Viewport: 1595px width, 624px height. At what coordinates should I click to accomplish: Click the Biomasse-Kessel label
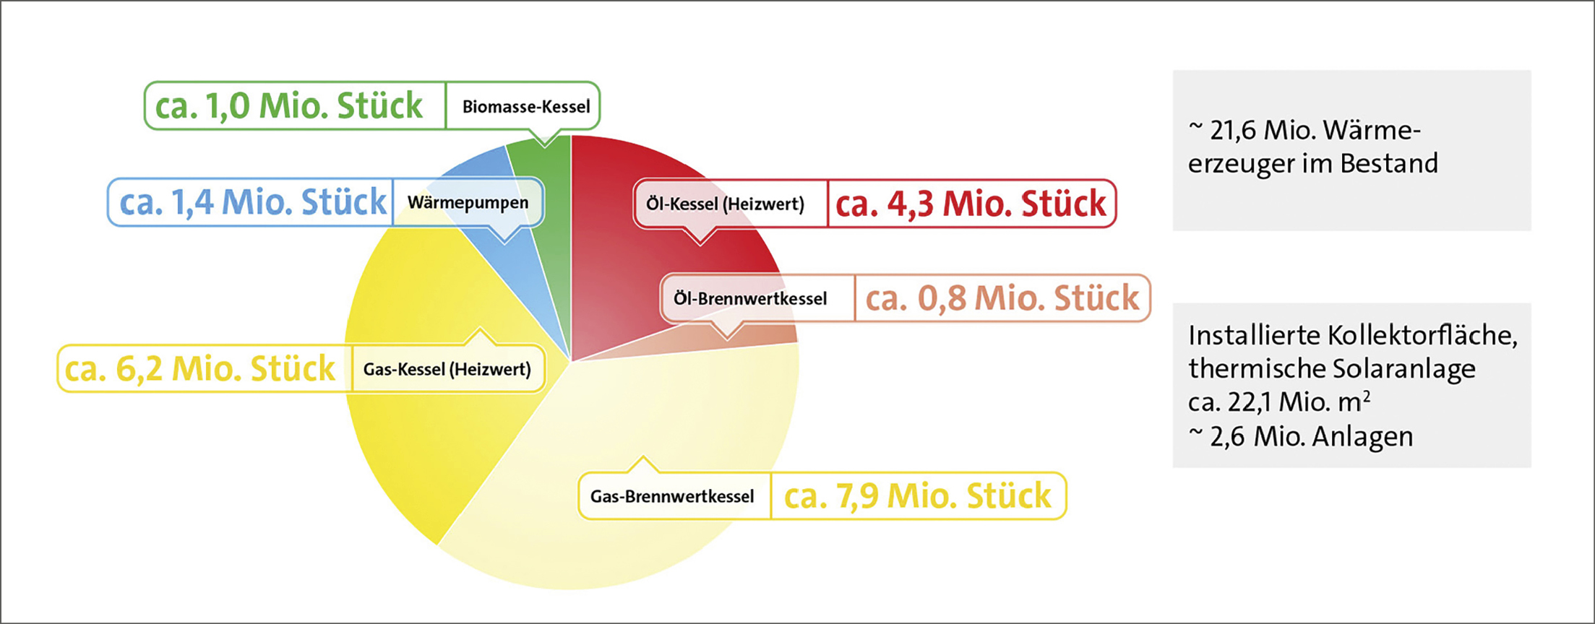point(526,107)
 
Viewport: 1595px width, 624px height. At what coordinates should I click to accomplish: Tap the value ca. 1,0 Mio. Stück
point(288,105)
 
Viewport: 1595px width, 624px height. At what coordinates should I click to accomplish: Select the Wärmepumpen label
point(468,202)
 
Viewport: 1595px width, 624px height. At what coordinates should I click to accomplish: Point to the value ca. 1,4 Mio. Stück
point(252,201)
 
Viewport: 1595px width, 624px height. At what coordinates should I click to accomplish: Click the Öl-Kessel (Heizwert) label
point(725,204)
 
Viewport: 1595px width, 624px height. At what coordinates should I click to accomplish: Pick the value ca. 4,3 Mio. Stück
point(971,204)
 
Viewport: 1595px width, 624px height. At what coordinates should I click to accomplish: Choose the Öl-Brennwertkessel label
point(750,298)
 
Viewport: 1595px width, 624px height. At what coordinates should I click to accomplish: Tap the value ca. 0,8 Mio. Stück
point(1002,298)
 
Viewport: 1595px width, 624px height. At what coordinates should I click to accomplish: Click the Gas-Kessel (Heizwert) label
point(447,370)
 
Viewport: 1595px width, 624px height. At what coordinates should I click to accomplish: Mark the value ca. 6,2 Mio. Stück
point(199,368)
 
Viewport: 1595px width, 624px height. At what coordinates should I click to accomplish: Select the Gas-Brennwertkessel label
point(672,496)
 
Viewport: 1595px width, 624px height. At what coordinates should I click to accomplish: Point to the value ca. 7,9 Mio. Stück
point(918,495)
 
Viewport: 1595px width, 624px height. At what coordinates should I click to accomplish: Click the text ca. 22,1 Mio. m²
point(1279,402)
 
